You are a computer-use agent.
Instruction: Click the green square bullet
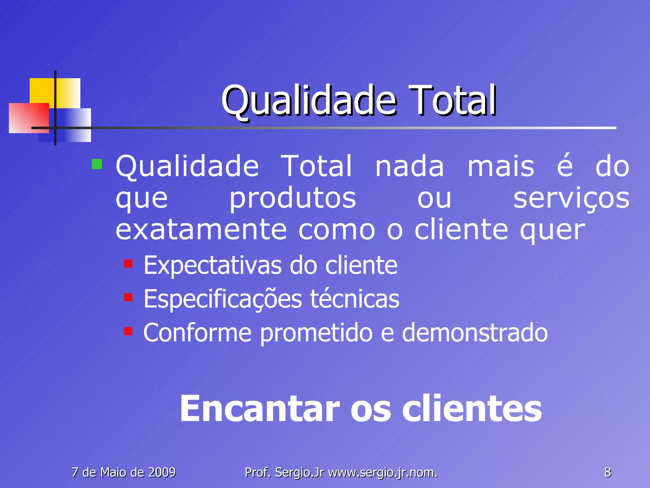(x=97, y=164)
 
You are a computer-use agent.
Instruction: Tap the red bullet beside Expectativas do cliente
(x=128, y=264)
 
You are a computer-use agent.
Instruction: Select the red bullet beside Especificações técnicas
(x=128, y=297)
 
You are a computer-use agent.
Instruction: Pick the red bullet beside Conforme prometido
(x=128, y=331)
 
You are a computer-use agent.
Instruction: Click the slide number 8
(x=607, y=472)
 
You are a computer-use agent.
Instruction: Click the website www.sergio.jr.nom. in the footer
(x=383, y=473)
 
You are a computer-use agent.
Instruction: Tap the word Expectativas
(x=212, y=265)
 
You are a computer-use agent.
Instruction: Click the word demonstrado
(x=475, y=333)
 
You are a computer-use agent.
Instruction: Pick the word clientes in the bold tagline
(x=472, y=409)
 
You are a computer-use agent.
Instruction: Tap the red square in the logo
(x=29, y=118)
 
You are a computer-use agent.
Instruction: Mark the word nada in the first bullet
(x=409, y=166)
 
